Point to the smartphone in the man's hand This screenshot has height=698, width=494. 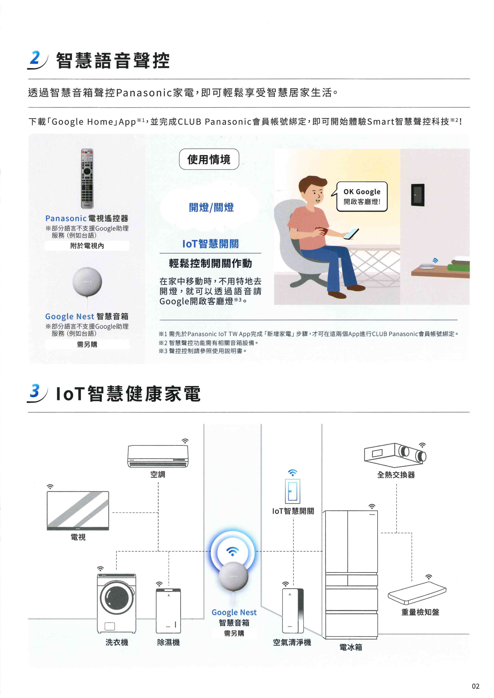click(x=351, y=234)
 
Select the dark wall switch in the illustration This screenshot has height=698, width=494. click(x=418, y=195)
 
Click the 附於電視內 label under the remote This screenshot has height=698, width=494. click(x=87, y=246)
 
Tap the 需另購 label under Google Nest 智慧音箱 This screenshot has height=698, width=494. click(x=87, y=344)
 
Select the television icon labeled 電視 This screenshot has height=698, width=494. click(x=78, y=511)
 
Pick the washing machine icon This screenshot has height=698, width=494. click(x=117, y=603)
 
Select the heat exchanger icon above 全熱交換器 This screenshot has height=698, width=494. click(x=395, y=455)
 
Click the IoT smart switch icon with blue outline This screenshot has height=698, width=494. click(x=293, y=492)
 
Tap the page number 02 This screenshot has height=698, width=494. click(x=475, y=686)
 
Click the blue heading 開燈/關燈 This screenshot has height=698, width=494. click(x=211, y=208)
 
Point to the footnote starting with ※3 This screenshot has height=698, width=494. click(x=203, y=351)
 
